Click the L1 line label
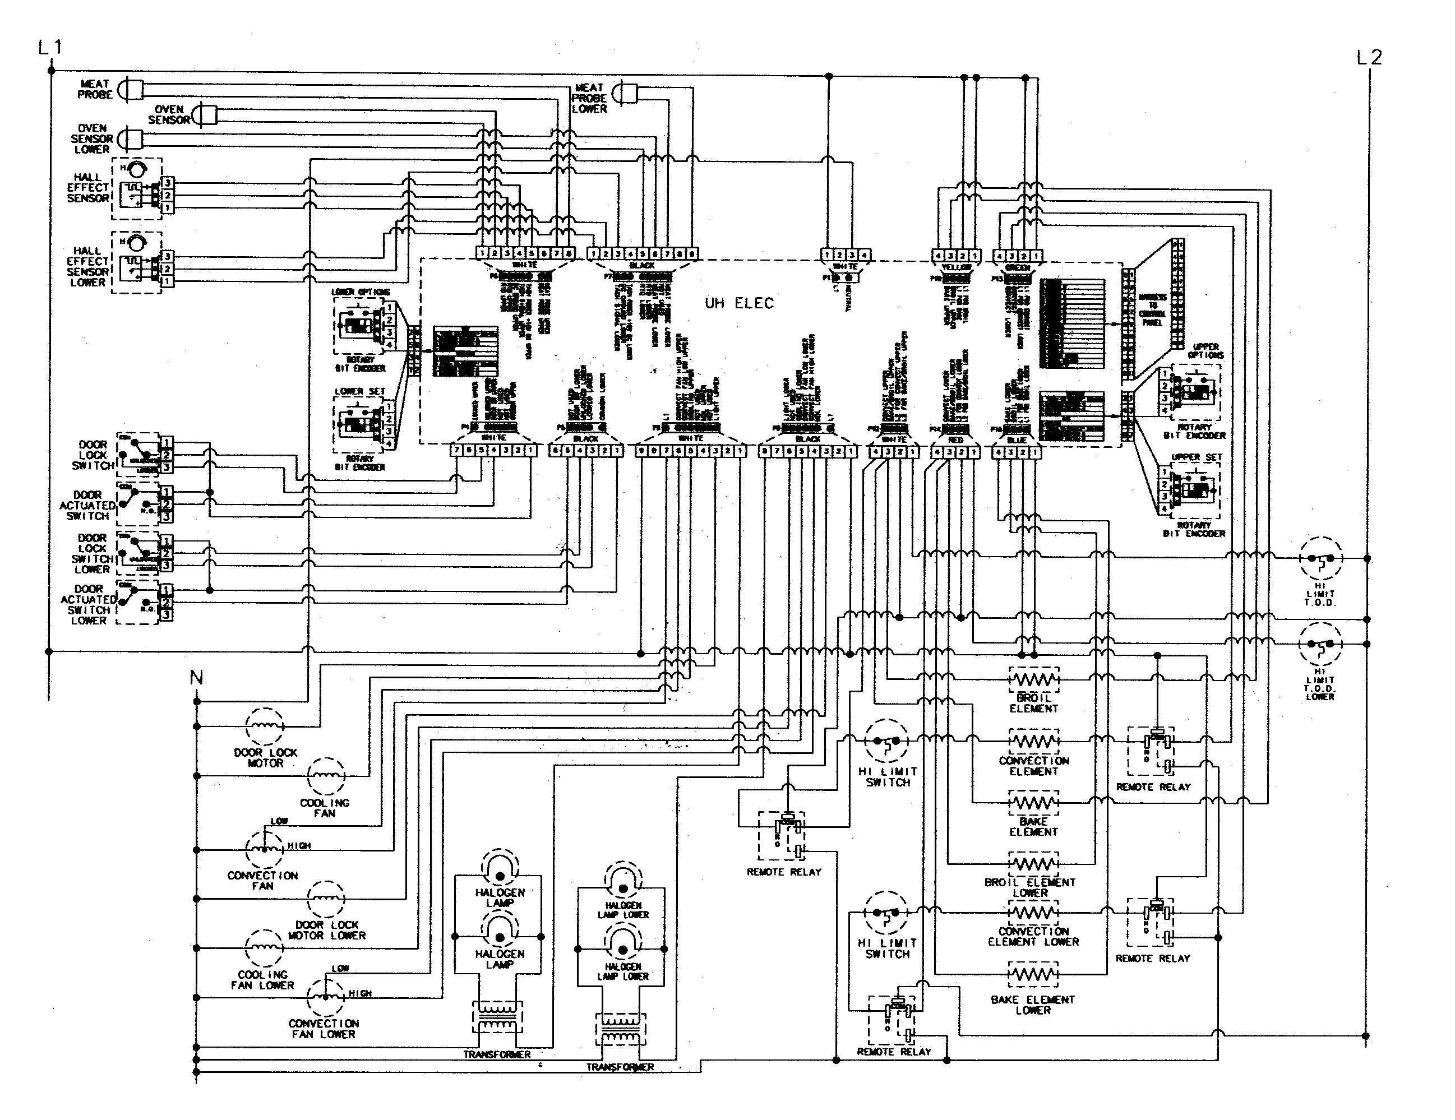(x=50, y=47)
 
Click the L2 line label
(x=1369, y=58)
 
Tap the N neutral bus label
(x=196, y=678)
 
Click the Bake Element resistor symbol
(x=1033, y=802)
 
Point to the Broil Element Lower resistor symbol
(x=1033, y=864)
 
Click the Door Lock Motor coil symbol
(x=265, y=726)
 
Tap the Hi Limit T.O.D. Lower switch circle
(x=1320, y=644)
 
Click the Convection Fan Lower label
(x=323, y=1028)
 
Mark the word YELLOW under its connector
(x=956, y=267)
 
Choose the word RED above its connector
(x=955, y=439)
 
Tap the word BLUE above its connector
(x=1017, y=439)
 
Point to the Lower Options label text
(x=361, y=292)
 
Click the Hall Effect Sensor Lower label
(x=87, y=266)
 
